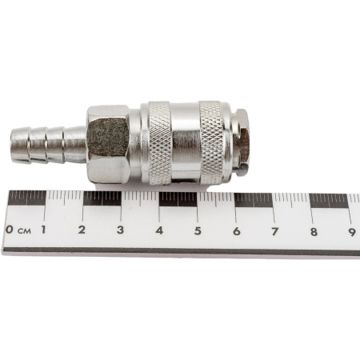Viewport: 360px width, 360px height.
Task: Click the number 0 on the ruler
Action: click(x=10, y=230)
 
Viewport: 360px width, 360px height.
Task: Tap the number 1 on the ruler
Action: click(x=43, y=230)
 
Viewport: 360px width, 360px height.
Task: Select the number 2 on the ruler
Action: click(x=82, y=230)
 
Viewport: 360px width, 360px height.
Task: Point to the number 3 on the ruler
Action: click(x=120, y=230)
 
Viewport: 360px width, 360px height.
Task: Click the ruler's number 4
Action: click(x=159, y=230)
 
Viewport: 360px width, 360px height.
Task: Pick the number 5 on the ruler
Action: click(x=198, y=231)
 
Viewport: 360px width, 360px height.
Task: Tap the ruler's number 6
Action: click(x=237, y=231)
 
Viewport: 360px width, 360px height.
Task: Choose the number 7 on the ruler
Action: click(x=275, y=231)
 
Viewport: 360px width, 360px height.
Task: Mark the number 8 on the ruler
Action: click(x=314, y=232)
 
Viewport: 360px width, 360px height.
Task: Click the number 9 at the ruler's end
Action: click(x=352, y=232)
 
